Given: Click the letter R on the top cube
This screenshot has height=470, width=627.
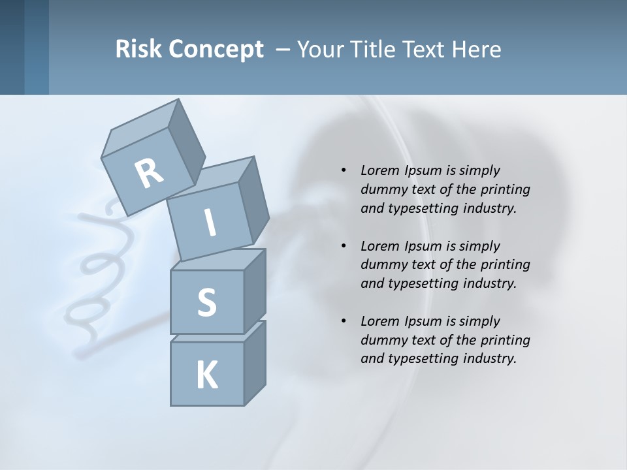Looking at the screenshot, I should point(149,173).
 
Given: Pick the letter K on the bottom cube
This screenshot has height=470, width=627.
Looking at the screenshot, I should point(206,375).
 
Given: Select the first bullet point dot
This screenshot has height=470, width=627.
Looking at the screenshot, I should point(344,170).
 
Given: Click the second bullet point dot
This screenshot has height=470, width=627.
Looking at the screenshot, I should point(344,246).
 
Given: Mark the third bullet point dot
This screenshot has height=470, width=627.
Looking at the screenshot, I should point(344,321).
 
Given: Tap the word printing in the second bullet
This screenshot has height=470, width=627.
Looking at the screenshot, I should point(505,264).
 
